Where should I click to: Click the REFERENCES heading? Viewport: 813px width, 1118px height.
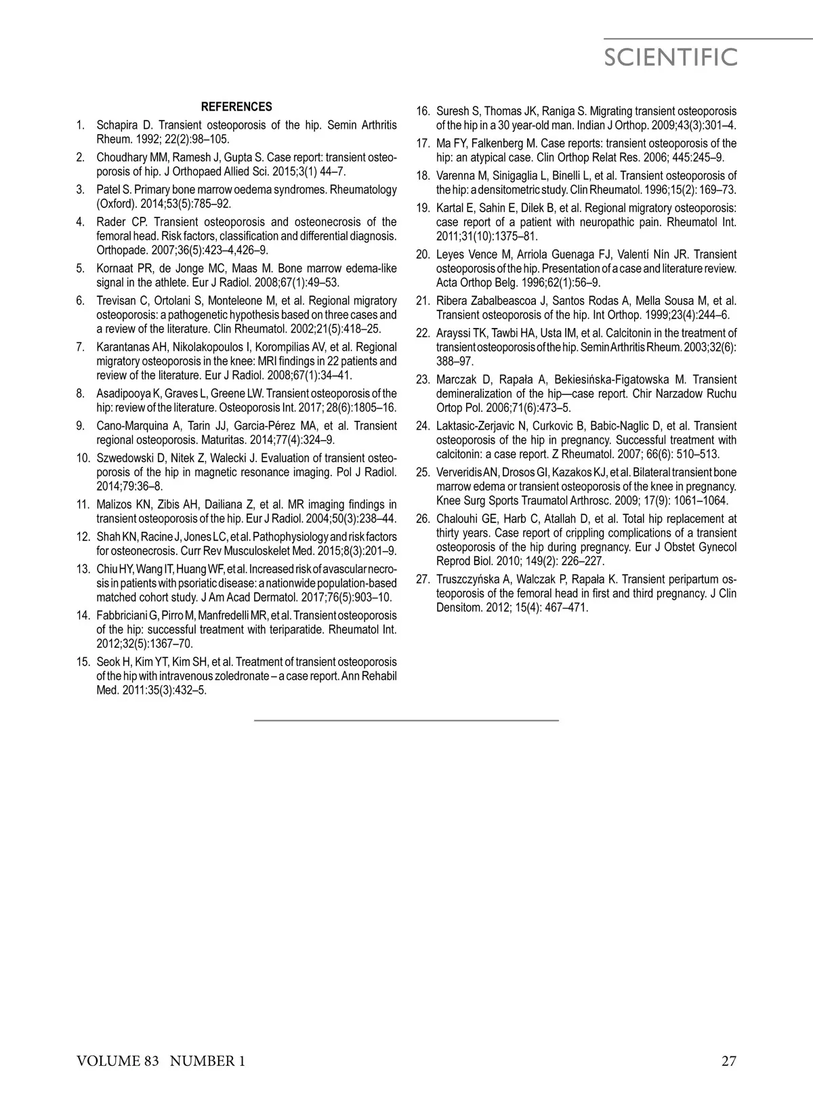(236, 107)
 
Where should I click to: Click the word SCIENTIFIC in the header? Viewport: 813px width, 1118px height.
(670, 58)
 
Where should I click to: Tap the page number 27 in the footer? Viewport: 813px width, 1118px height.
(728, 1061)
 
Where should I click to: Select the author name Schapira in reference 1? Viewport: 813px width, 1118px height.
(117, 125)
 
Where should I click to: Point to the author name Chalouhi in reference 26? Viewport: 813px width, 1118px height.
(457, 519)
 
